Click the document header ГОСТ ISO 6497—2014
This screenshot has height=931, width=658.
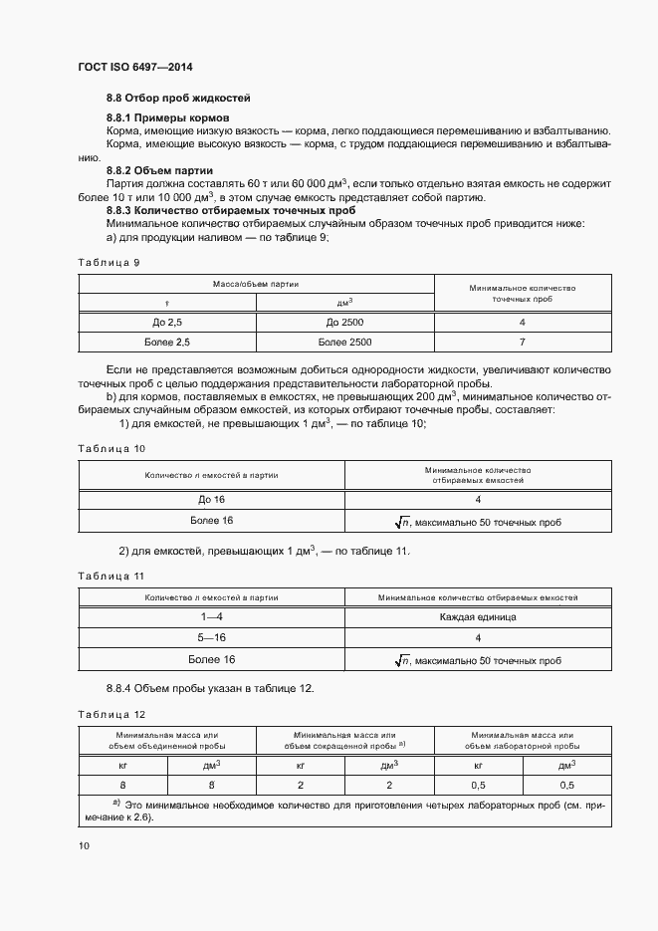tap(134, 68)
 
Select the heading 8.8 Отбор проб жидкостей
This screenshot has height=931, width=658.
tap(178, 98)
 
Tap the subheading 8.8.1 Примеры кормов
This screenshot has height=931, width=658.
tap(168, 118)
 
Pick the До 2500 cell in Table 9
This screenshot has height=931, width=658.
tap(346, 323)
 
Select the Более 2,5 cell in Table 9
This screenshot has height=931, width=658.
tap(167, 343)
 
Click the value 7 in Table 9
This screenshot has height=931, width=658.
tap(522, 343)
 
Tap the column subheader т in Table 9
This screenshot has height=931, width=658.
tap(167, 302)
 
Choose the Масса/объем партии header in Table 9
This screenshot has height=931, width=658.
tap(256, 284)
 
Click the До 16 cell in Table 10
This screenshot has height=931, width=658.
tap(212, 500)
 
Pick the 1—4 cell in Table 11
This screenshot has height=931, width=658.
tap(212, 616)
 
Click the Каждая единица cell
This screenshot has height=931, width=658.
tap(478, 616)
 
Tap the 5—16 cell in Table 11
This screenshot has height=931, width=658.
tap(212, 637)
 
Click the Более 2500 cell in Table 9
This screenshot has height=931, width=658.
tap(346, 343)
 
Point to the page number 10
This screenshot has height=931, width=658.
tap(84, 845)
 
